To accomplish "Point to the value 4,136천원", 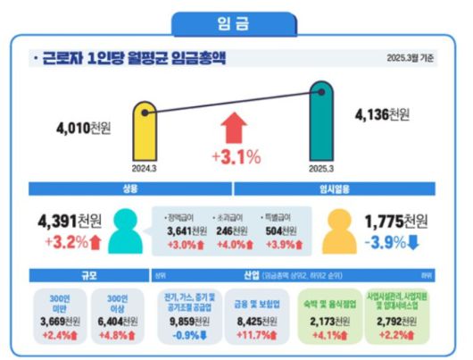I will [x=382, y=115].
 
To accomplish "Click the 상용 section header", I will [x=129, y=188].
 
